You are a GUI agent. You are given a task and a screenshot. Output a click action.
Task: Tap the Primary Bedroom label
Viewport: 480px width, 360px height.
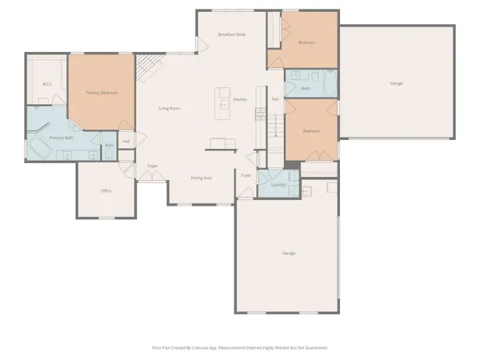102,93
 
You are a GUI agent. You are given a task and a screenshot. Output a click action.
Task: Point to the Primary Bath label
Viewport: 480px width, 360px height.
61,138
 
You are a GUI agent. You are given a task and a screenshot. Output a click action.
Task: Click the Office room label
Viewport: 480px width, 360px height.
106,191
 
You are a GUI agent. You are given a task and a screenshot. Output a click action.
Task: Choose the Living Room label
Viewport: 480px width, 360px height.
168,108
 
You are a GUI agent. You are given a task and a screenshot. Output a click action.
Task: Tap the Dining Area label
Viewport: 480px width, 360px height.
202,178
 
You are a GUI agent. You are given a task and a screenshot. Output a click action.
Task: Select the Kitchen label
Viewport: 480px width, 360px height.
240,100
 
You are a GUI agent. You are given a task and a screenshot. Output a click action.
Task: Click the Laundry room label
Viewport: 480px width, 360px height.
278,185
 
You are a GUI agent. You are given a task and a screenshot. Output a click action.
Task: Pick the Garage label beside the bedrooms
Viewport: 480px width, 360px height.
396,83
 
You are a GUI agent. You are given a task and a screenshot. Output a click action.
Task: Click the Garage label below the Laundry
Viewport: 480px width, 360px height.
289,253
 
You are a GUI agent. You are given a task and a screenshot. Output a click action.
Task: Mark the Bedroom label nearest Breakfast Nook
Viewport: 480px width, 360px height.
306,42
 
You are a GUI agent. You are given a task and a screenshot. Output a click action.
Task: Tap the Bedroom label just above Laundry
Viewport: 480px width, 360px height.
311,130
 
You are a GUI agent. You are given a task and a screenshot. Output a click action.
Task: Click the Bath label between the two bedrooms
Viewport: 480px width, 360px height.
306,88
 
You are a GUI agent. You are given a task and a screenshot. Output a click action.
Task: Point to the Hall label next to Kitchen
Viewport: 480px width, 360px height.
274,99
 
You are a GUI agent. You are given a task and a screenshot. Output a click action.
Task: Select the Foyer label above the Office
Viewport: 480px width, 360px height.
152,166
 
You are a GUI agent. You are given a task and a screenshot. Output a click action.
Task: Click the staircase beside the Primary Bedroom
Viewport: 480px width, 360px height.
146,69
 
